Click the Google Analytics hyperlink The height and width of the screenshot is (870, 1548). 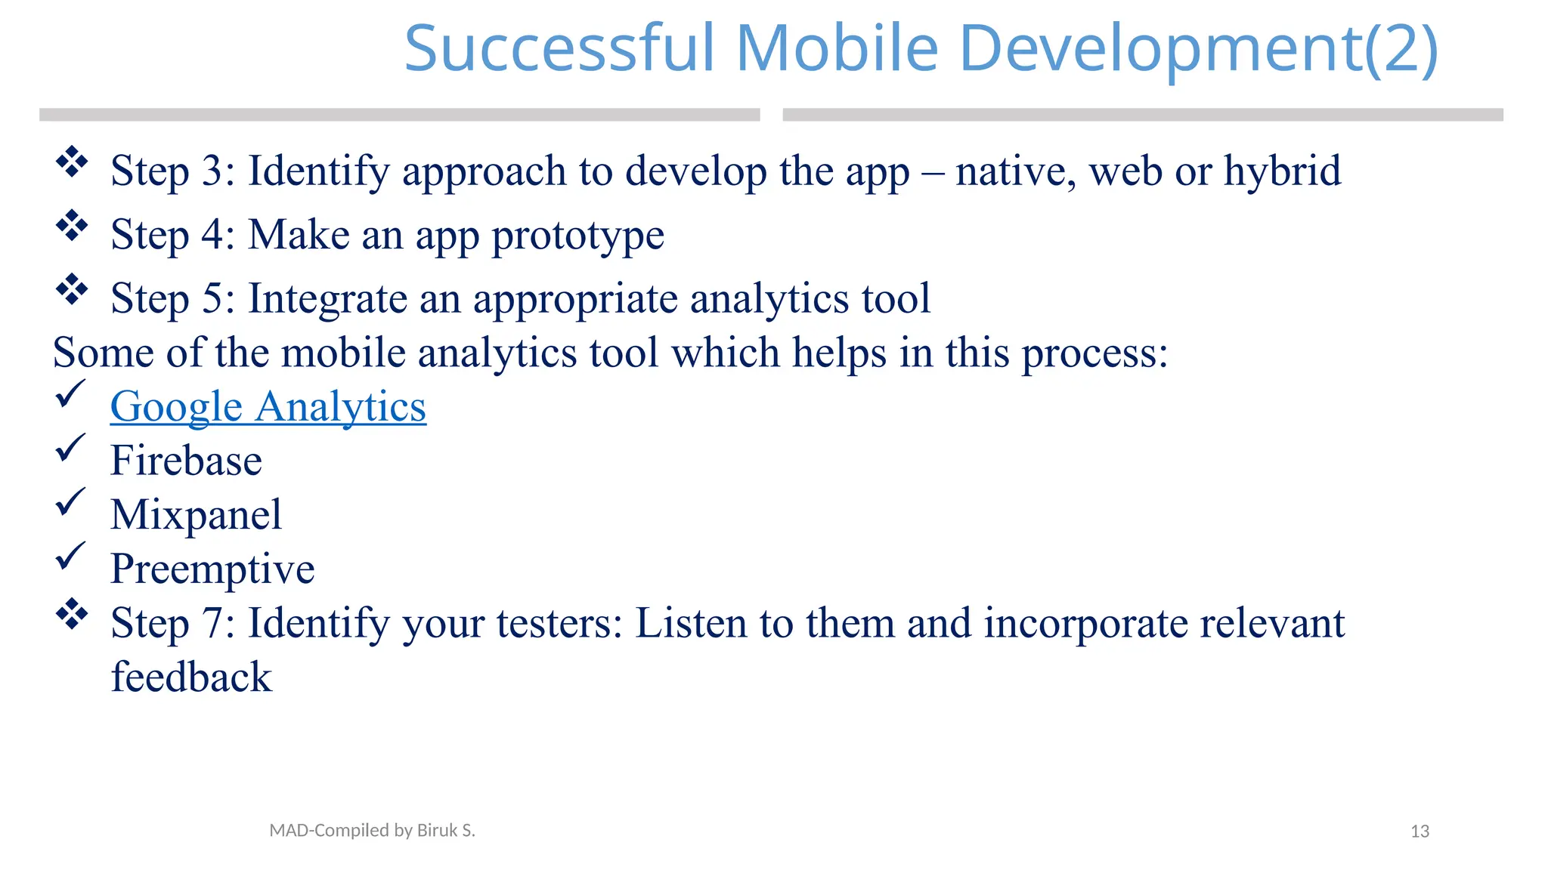(x=268, y=407)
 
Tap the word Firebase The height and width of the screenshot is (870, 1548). (x=186, y=461)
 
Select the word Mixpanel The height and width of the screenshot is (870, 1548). (x=196, y=515)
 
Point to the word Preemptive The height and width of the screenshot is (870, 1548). (x=212, y=569)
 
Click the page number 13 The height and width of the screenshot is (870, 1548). (x=1420, y=831)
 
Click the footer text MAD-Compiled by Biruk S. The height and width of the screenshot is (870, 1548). (x=372, y=831)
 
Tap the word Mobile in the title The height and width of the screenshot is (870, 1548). (x=836, y=48)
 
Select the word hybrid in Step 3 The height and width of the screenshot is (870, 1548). (x=1282, y=171)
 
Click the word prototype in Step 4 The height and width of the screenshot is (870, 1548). (x=577, y=236)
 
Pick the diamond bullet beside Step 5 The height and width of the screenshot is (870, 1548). (x=72, y=290)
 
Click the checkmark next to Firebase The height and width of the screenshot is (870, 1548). (x=70, y=449)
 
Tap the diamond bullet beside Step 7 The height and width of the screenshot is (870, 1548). (x=72, y=614)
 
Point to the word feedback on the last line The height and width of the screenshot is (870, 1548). (x=191, y=677)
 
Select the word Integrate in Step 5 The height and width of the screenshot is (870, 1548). (x=327, y=299)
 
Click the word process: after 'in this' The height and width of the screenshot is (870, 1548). (x=1094, y=353)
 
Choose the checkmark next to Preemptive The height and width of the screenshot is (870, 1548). (x=70, y=557)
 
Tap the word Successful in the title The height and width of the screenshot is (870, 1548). (x=559, y=48)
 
